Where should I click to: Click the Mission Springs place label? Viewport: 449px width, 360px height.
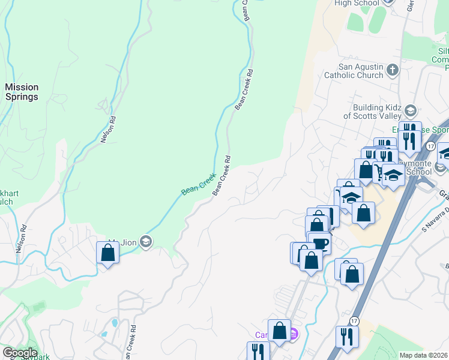[x=22, y=92]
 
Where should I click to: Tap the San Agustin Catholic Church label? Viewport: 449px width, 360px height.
[x=354, y=71]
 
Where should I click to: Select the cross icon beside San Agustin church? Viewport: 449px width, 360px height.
[x=393, y=70]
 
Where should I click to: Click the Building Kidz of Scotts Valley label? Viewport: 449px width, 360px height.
[x=372, y=112]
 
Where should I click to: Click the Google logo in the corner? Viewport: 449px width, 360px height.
[x=20, y=353]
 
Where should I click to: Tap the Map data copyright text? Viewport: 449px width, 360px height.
[x=423, y=355]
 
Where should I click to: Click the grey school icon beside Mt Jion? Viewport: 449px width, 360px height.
[x=145, y=242]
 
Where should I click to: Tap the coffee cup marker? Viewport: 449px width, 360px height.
[x=321, y=243]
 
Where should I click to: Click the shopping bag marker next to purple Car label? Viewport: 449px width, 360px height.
[x=279, y=330]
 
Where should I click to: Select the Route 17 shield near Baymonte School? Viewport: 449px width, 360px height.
[x=430, y=146]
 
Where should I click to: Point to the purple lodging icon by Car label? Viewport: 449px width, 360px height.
[x=293, y=334]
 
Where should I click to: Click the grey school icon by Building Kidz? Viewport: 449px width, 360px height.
[x=411, y=111]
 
